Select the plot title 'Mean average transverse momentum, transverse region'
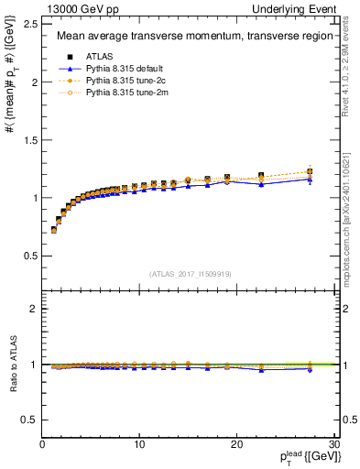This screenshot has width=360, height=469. [188, 37]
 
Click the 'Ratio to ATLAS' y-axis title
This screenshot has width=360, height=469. [12, 365]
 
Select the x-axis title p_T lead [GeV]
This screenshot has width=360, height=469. [306, 456]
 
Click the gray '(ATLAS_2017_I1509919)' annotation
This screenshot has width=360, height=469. [189, 272]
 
